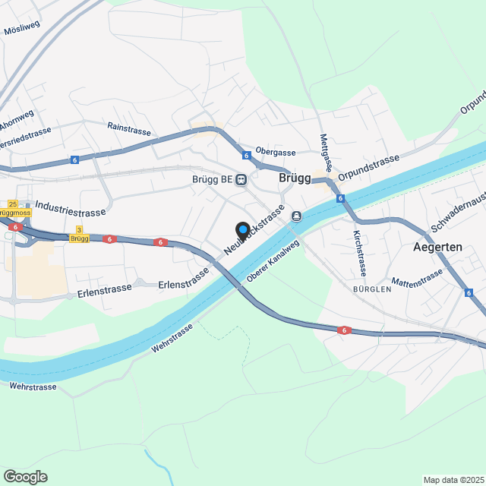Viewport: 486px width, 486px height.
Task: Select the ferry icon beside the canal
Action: tap(296, 216)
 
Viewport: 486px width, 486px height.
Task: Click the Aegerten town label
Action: tap(438, 248)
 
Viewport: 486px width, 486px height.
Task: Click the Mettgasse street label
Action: tap(324, 152)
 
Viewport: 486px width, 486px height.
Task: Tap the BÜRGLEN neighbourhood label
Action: tap(372, 289)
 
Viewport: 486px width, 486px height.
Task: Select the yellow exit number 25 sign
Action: tap(12, 204)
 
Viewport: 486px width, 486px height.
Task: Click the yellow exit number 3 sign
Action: tap(78, 229)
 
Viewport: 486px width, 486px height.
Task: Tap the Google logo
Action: tap(25, 476)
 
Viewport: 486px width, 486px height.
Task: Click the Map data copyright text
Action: tap(454, 480)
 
